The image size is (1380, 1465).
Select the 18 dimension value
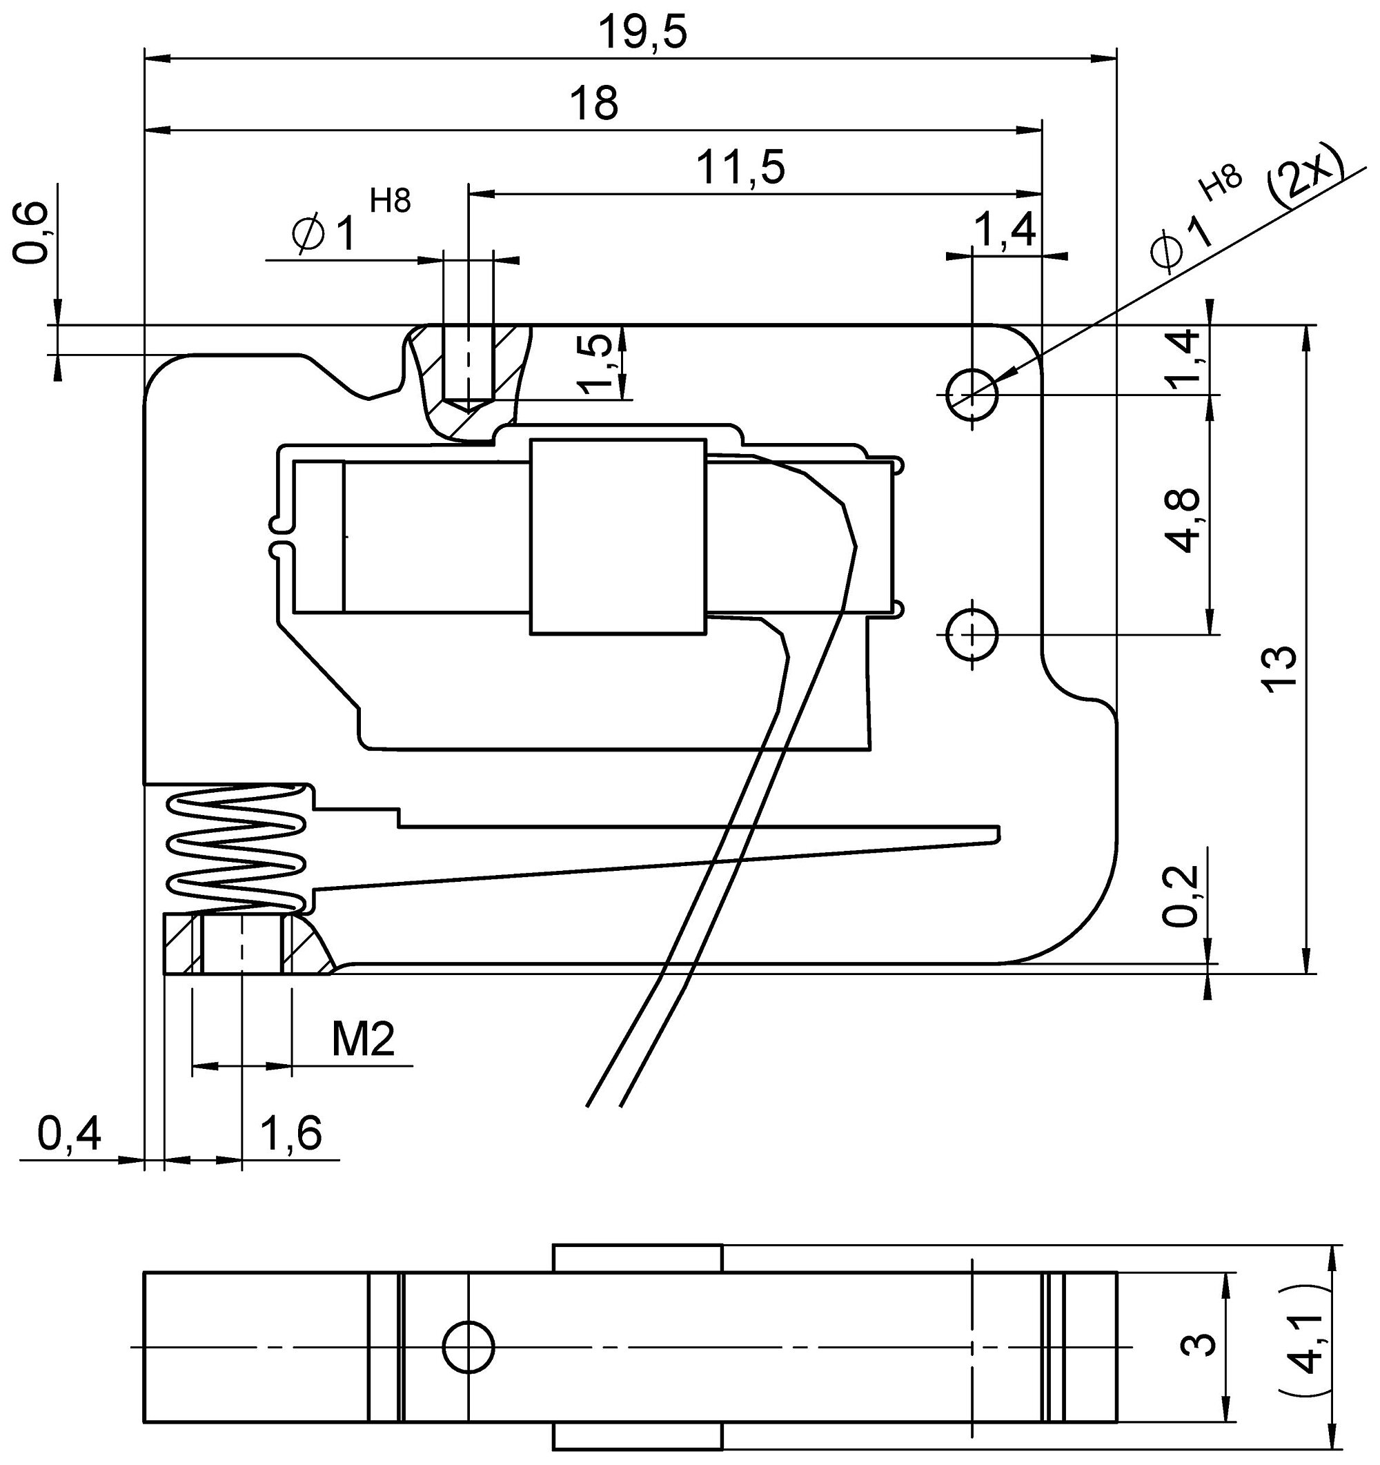[x=594, y=104]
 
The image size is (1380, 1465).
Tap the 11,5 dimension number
[x=740, y=168]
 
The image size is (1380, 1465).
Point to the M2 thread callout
[x=363, y=1040]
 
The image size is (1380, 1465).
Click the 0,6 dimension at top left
[x=32, y=233]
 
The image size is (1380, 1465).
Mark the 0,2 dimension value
[x=1181, y=896]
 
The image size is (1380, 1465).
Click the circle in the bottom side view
[x=469, y=1348]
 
